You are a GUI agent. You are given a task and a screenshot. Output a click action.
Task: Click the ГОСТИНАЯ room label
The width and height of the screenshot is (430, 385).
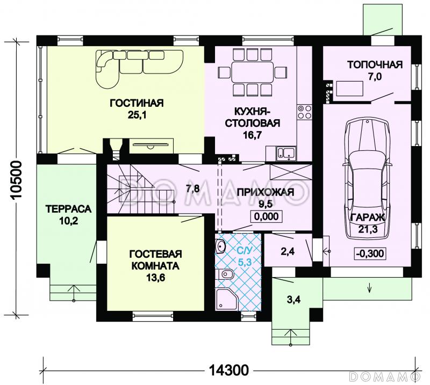[137, 103]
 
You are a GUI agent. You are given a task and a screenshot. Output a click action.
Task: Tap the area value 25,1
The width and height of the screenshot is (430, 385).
[137, 115]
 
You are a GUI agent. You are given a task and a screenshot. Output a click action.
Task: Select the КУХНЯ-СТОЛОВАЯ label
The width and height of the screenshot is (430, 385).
[252, 117]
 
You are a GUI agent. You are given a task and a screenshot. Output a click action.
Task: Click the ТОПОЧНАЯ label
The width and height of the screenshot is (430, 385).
[375, 64]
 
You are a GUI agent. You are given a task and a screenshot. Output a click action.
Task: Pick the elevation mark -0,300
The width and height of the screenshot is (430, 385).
[370, 253]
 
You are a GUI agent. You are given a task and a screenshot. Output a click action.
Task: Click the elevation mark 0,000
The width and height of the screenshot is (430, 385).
[266, 216]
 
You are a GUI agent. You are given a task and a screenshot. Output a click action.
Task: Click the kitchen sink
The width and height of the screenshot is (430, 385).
[286, 153]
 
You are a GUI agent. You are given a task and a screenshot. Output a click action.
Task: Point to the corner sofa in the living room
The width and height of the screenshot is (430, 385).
[140, 69]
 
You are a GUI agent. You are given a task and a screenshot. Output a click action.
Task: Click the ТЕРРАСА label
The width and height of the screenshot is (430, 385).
[68, 209]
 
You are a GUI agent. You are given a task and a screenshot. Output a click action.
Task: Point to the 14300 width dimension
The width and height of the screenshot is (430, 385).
[229, 371]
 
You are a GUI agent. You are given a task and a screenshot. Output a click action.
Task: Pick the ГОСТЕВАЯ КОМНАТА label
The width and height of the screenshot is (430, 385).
[155, 260]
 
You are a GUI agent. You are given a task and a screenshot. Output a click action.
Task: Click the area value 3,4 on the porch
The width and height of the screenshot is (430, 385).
[293, 300]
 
